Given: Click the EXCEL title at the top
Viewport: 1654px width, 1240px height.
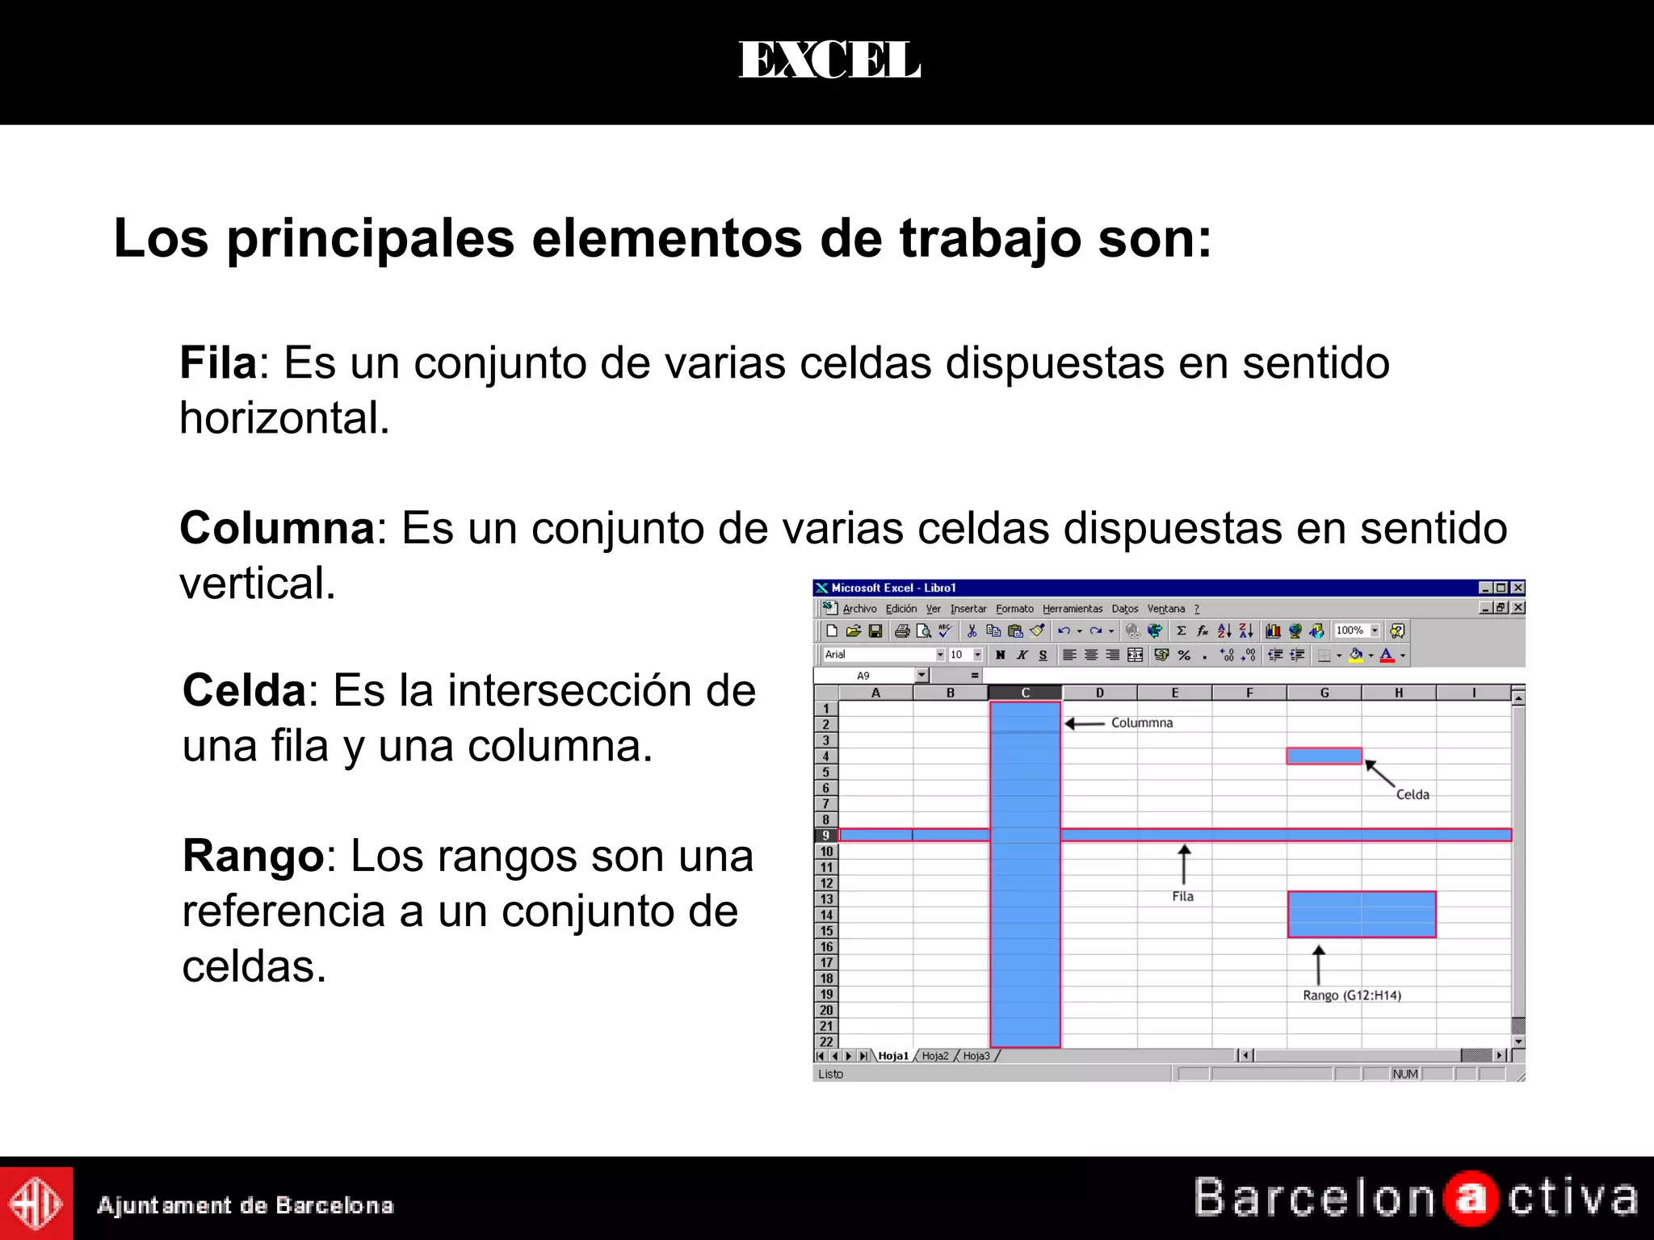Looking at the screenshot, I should coord(829,61).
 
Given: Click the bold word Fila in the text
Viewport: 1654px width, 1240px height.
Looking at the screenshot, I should coord(217,362).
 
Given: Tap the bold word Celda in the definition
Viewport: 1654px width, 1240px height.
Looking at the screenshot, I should coord(244,691).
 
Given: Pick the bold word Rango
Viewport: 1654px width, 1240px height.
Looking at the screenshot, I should coord(253,856).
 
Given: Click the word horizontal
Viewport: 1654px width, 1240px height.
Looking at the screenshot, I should coord(284,418).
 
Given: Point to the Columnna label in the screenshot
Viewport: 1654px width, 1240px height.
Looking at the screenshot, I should coord(1141,723).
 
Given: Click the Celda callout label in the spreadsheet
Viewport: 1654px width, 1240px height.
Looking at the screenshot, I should coord(1413,794).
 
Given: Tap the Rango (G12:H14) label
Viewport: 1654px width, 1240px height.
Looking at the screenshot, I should coord(1351,995).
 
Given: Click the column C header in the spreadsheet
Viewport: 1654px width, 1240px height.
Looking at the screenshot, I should coord(1025,693).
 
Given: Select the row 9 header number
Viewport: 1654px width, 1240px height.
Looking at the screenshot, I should coord(825,836).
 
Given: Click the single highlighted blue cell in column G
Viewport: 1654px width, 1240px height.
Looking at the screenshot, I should coord(1324,756).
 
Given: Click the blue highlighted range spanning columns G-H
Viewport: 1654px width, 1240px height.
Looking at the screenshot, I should coord(1362,914).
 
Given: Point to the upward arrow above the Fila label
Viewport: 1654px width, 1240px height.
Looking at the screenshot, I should coord(1184,864).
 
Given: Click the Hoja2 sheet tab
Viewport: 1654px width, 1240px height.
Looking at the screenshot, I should coord(935,1056).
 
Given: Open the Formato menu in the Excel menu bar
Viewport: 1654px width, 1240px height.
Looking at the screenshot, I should coord(1014,609).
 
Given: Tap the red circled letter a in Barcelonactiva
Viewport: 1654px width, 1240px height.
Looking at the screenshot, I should coord(1471,1199).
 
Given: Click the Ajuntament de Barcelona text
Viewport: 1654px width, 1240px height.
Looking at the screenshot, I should coord(245,1205).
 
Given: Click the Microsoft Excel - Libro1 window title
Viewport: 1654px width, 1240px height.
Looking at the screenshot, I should coord(893,588).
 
